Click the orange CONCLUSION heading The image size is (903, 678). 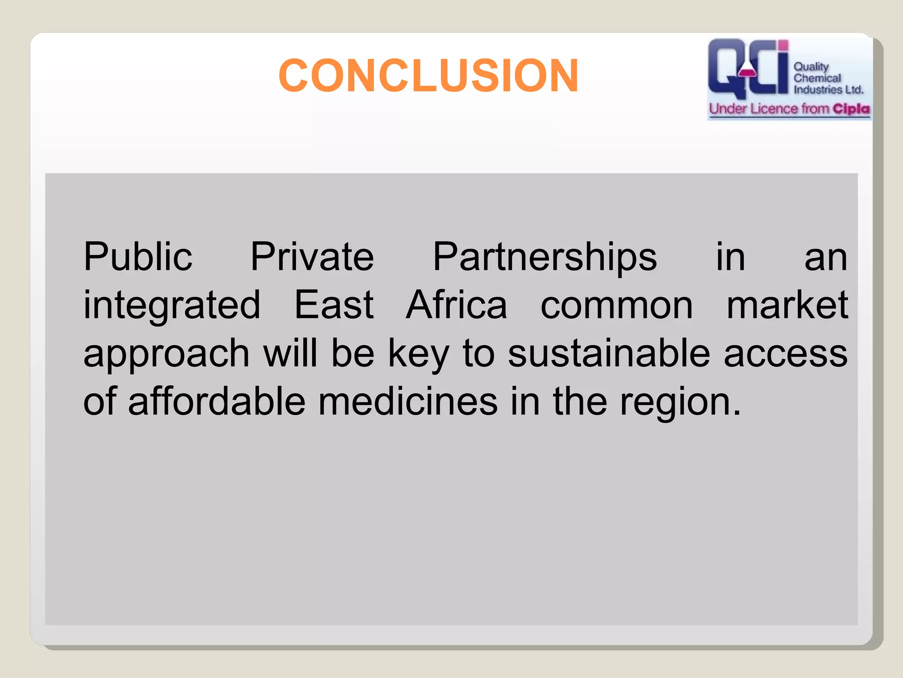click(x=428, y=76)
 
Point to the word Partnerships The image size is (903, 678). click(x=545, y=258)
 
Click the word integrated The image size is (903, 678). click(x=172, y=306)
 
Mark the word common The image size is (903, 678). click(x=616, y=306)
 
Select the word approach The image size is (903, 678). click(x=167, y=354)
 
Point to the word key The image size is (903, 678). click(x=418, y=354)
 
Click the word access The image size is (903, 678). click(x=786, y=354)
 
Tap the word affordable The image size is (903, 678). click(x=216, y=402)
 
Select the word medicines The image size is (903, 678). click(x=408, y=402)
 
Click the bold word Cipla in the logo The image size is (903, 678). click(x=851, y=109)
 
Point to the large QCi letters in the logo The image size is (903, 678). click(x=747, y=68)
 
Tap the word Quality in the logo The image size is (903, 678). click(x=811, y=67)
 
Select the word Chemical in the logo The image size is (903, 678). click(x=817, y=78)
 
